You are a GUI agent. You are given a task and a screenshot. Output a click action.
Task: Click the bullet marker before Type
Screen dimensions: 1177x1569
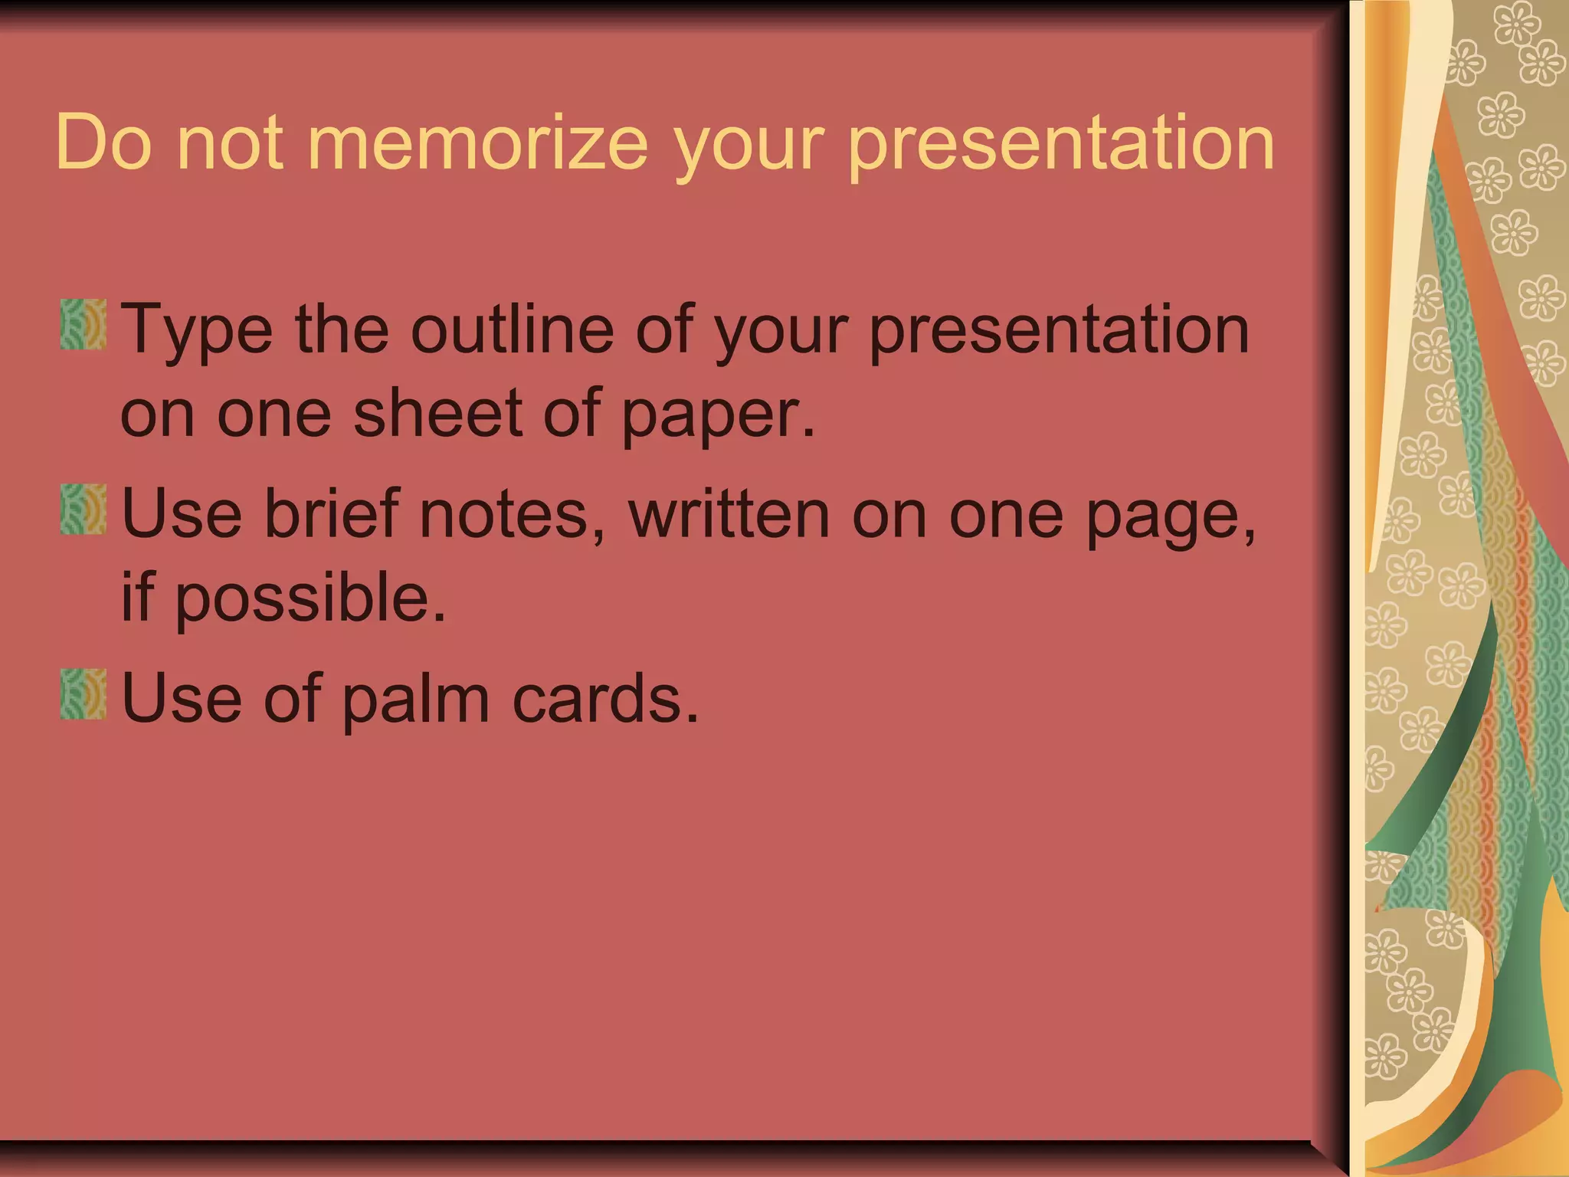click(x=83, y=325)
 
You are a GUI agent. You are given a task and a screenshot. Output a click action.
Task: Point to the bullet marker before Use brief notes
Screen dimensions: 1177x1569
click(x=83, y=509)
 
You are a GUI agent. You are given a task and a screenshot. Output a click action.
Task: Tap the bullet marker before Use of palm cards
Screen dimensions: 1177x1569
click(x=83, y=693)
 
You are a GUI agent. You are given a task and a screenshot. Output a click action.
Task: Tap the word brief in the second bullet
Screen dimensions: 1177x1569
click(x=331, y=513)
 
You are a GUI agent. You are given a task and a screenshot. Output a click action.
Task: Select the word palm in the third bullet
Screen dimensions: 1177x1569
click(x=414, y=699)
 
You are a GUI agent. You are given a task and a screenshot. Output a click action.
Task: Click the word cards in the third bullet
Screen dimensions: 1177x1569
click(x=604, y=698)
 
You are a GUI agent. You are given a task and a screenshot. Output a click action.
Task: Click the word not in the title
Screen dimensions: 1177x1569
click(x=230, y=143)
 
